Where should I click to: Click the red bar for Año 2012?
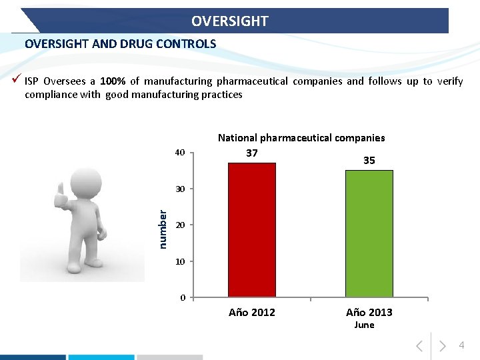coord(252,230)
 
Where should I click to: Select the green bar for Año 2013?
coord(369,233)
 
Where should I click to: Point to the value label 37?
coord(252,153)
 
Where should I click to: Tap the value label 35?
coord(369,161)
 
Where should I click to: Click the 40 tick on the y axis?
coord(179,153)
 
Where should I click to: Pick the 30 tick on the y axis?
coord(179,189)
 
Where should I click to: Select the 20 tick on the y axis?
coord(179,225)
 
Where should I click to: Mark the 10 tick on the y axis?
coord(179,261)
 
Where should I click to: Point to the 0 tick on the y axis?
coord(182,297)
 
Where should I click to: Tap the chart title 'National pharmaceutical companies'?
coord(301,138)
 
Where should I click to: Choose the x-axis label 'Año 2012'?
coord(252,312)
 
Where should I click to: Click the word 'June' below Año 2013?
coord(364,325)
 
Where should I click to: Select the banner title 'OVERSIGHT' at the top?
coord(230,21)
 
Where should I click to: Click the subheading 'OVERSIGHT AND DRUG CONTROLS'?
coord(121,44)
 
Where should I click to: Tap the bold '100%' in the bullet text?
coord(112,81)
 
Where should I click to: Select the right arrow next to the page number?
coord(443,346)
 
